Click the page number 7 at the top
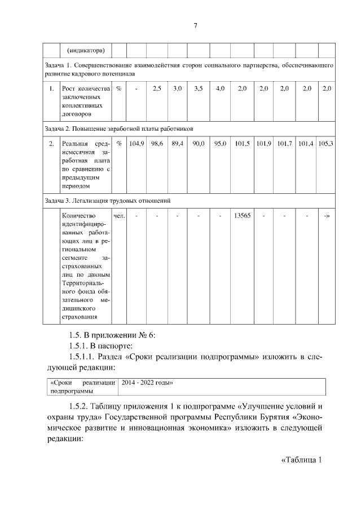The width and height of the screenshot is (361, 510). (x=195, y=25)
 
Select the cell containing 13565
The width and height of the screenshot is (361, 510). (x=243, y=216)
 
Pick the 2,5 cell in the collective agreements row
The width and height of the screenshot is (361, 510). (x=157, y=89)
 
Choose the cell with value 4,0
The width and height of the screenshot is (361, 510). (x=220, y=89)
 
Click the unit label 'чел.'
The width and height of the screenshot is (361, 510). (x=119, y=216)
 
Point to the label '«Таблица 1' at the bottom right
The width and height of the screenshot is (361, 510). (x=301, y=459)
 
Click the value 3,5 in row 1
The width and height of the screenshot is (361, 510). (x=199, y=89)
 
